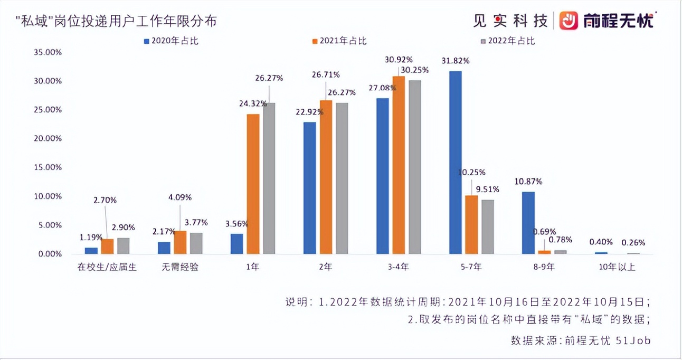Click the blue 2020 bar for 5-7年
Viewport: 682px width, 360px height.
455,163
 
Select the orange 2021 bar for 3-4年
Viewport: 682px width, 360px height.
399,165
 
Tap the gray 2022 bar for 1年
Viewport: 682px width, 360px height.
269,178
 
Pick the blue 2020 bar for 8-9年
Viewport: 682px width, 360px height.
528,223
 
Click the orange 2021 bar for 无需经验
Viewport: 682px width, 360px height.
180,242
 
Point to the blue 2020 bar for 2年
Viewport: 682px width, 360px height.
310,188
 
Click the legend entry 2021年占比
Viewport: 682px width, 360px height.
338,41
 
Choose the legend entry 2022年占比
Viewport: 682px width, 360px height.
506,41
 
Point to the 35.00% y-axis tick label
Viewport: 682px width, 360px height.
48,52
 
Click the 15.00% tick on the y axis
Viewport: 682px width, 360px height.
48,167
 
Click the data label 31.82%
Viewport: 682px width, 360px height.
456,60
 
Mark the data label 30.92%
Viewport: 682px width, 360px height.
399,59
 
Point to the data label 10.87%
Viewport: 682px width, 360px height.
528,182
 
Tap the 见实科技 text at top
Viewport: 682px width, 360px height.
510,21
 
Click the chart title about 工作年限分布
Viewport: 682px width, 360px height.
116,21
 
